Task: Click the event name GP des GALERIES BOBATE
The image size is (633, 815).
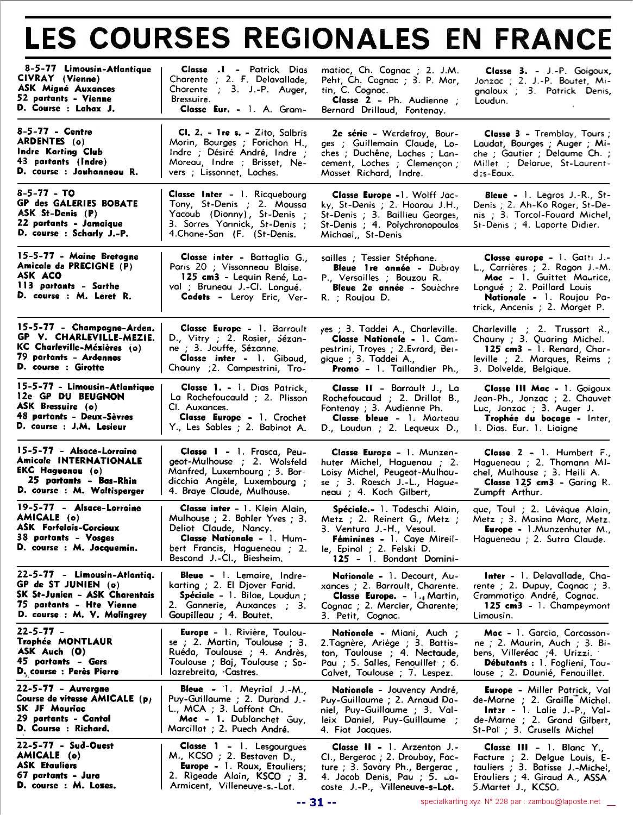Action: pos(78,203)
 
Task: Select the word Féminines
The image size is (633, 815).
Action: pos(354,539)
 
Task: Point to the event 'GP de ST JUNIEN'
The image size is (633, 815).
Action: pos(59,585)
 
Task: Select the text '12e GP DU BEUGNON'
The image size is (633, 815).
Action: pos(71,397)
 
